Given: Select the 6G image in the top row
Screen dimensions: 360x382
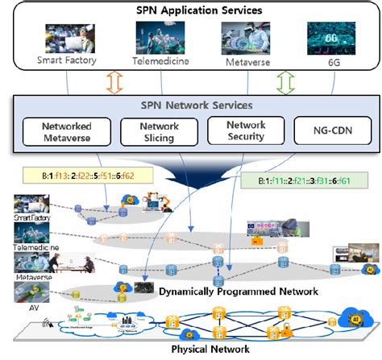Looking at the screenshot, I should coord(330,37).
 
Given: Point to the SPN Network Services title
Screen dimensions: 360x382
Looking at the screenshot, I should coord(191,106).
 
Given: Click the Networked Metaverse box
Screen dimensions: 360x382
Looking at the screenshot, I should coord(66,131).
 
